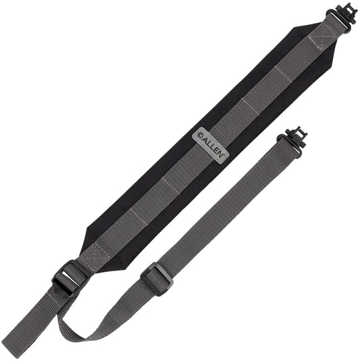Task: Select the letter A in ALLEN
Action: [x=205, y=137]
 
